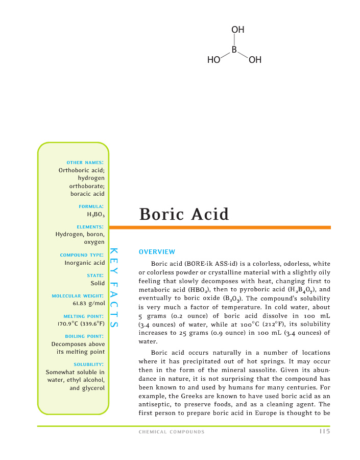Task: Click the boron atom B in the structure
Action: pyautogui.click(x=234, y=50)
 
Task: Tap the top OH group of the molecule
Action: pyautogui.click(x=238, y=30)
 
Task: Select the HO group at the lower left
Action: pyautogui.click(x=213, y=60)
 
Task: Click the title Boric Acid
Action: pyautogui.click(x=184, y=214)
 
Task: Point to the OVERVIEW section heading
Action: pyautogui.click(x=157, y=251)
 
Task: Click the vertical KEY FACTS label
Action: pyautogui.click(x=114, y=289)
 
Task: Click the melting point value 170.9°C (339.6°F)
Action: pyautogui.click(x=81, y=324)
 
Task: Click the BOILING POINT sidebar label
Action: pyautogui.click(x=85, y=336)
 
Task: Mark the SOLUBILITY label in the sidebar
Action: pyautogui.click(x=89, y=364)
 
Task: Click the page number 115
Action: pyautogui.click(x=324, y=431)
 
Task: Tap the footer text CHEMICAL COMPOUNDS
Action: pyautogui.click(x=172, y=432)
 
